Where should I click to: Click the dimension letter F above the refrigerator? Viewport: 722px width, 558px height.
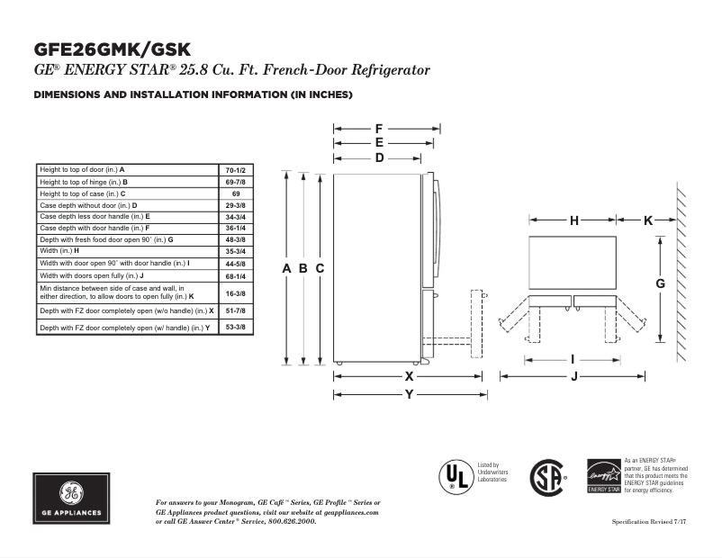pyautogui.click(x=379, y=129)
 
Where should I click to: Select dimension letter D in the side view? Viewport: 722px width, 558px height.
pyautogui.click(x=379, y=158)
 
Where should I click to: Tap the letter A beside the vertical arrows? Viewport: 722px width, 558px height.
pyautogui.click(x=286, y=269)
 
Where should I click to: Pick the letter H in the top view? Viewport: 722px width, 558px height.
pyautogui.click(x=573, y=220)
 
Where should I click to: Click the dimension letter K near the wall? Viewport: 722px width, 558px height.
pyautogui.click(x=648, y=220)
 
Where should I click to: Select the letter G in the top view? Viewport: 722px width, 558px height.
pyautogui.click(x=660, y=283)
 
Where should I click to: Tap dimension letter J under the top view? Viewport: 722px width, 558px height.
pyautogui.click(x=573, y=376)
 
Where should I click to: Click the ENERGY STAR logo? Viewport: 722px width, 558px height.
pyautogui.click(x=603, y=475)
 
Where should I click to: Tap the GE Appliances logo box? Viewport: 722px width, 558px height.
pyautogui.click(x=72, y=498)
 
